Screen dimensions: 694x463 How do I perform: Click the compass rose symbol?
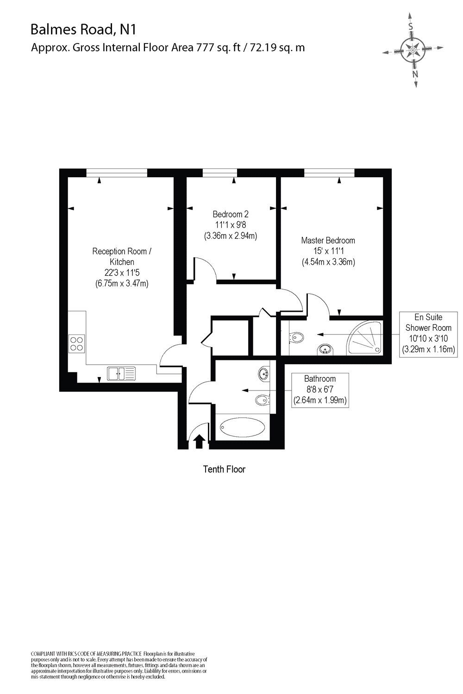coord(413,50)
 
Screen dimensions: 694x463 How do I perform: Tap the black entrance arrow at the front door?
coord(199,441)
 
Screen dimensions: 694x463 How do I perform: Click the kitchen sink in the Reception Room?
coord(121,373)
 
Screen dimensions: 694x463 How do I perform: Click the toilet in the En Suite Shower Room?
coord(296,338)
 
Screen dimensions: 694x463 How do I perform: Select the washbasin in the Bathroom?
coord(264,372)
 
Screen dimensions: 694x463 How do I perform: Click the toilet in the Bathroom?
coord(262,399)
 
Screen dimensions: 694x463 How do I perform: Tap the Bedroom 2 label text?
coord(231,214)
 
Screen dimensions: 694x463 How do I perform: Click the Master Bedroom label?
coord(328,241)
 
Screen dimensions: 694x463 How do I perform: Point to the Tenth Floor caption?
coord(224,469)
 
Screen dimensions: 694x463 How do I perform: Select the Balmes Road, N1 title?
coord(83,30)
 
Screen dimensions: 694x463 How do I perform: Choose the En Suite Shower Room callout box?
coord(428,333)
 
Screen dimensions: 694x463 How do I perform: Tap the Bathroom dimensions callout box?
coord(319,390)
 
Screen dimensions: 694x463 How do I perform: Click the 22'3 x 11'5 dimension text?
coord(122,273)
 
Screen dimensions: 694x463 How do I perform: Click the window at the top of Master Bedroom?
coord(329,173)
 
